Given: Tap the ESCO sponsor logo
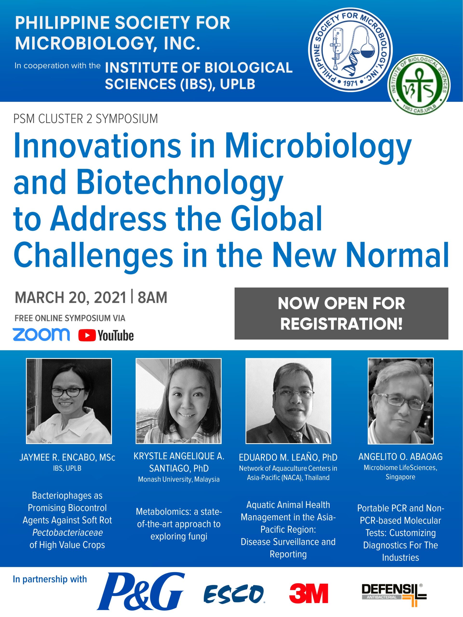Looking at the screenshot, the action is [x=234, y=594].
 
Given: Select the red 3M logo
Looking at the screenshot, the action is [x=308, y=593].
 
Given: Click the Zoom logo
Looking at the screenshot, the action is [x=41, y=335].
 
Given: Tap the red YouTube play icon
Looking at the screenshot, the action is [x=87, y=335].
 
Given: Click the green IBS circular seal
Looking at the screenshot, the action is [x=419, y=85].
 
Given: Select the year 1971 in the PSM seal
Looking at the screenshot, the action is [x=350, y=83].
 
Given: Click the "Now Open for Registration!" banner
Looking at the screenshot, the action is [x=341, y=313].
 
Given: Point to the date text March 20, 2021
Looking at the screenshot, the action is [x=70, y=297].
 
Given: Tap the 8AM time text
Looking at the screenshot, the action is [x=152, y=297].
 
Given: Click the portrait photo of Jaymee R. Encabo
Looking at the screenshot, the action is [x=69, y=401].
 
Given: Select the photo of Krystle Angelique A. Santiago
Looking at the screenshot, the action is [x=179, y=401].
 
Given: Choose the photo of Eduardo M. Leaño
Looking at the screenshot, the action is [x=288, y=401].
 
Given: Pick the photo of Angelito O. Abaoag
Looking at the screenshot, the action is [x=401, y=401].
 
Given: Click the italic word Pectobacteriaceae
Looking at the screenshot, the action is [x=68, y=532].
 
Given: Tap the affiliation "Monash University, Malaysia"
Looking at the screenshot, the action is [x=179, y=479].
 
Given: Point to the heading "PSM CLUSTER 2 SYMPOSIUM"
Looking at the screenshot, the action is [x=86, y=119].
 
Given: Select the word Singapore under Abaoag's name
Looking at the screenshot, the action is [x=400, y=477].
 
